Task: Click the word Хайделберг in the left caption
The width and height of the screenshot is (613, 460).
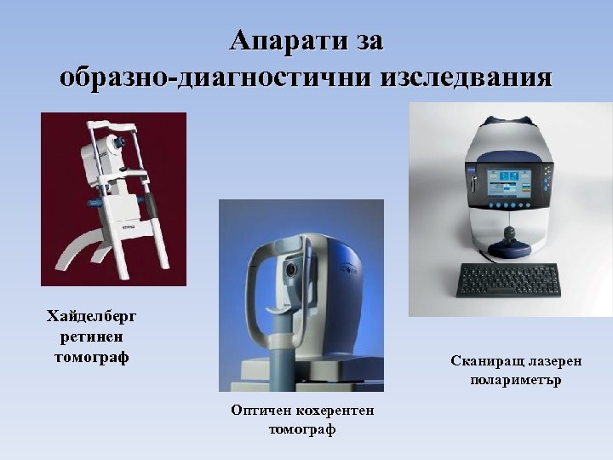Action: (x=91, y=317)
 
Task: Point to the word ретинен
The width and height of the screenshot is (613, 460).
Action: (x=91, y=336)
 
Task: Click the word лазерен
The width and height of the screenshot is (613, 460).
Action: (x=553, y=361)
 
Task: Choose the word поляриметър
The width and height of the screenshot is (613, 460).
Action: (x=516, y=380)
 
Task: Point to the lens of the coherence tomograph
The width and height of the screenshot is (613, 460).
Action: (x=291, y=271)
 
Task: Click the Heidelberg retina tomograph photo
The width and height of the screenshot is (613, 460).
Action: (x=113, y=198)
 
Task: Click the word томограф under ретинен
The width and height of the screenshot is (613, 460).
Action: (x=91, y=356)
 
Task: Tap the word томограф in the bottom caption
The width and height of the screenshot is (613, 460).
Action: (x=302, y=429)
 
